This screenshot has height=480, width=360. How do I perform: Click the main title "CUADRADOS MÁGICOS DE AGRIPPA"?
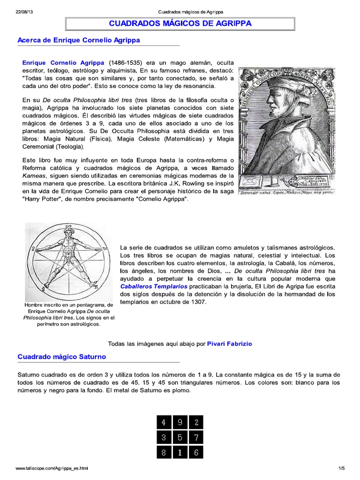click(x=180, y=23)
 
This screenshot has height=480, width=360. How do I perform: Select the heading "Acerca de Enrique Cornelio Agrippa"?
click(x=79, y=40)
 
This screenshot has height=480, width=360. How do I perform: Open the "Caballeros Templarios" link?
click(x=154, y=286)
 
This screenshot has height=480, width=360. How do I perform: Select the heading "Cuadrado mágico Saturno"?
click(x=62, y=357)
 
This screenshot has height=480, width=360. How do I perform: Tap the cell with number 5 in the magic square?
click(x=180, y=438)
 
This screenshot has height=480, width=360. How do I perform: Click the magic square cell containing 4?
click(x=164, y=422)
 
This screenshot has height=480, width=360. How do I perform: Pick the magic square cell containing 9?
click(x=180, y=422)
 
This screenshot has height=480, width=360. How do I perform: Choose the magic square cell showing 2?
click(x=196, y=422)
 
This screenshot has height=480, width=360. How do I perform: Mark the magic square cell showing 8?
click(x=164, y=453)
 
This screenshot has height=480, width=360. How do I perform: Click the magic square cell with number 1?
click(x=180, y=453)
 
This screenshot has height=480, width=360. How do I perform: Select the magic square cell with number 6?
click(x=196, y=453)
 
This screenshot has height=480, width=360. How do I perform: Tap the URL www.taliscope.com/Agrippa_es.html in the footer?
click(x=52, y=468)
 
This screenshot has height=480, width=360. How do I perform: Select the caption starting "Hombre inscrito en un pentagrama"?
click(x=68, y=314)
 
